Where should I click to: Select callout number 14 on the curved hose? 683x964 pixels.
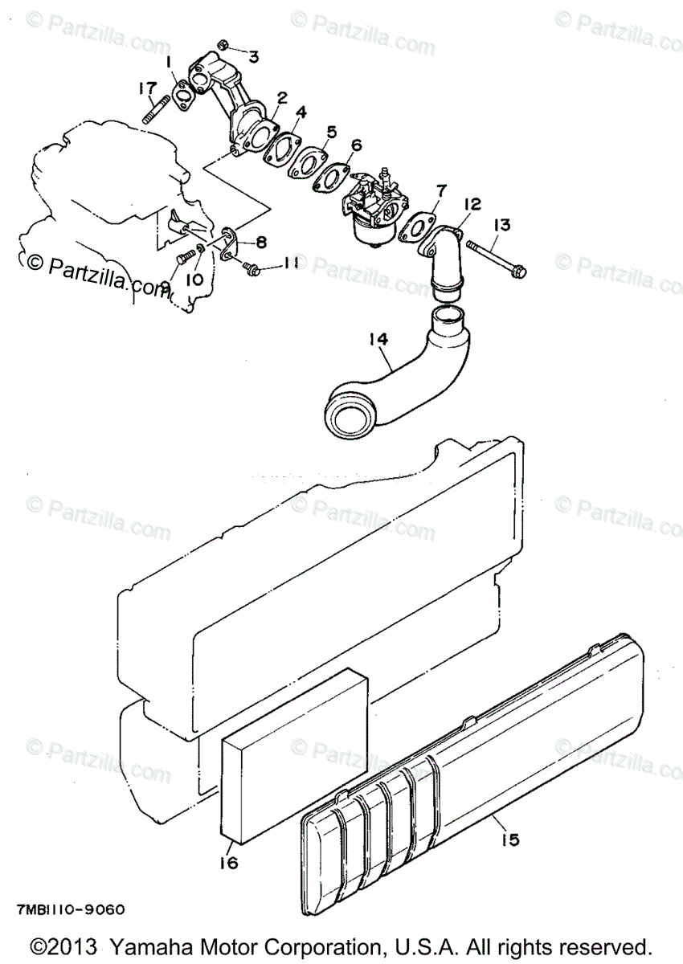pos(379,340)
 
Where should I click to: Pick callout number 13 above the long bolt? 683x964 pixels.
pos(501,226)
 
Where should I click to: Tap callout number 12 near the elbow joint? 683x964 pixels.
pos(472,205)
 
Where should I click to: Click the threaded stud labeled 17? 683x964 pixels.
pos(158,109)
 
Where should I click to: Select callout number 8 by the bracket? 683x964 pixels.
pos(261,242)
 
